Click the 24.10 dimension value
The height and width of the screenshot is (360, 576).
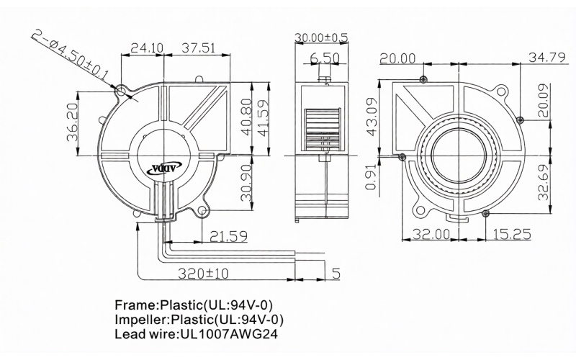147,48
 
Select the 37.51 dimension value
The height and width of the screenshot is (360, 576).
199,48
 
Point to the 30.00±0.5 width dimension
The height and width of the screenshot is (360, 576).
321,37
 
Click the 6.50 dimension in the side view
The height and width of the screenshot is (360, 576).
325,58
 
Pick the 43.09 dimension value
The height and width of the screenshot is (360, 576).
372,117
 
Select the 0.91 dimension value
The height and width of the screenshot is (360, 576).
372,177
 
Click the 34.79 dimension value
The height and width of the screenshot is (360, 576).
546,58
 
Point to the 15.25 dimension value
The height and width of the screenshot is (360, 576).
512,234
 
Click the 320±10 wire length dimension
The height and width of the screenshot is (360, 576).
203,274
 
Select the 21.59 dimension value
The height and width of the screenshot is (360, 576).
228,237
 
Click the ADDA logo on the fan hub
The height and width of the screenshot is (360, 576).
164,169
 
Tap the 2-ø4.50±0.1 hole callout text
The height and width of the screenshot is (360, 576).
70,55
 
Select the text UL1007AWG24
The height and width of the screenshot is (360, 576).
228,334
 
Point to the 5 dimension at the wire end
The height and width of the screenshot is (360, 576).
336,274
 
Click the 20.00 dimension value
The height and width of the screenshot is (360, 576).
397,58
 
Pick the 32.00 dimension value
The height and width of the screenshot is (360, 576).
431,234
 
